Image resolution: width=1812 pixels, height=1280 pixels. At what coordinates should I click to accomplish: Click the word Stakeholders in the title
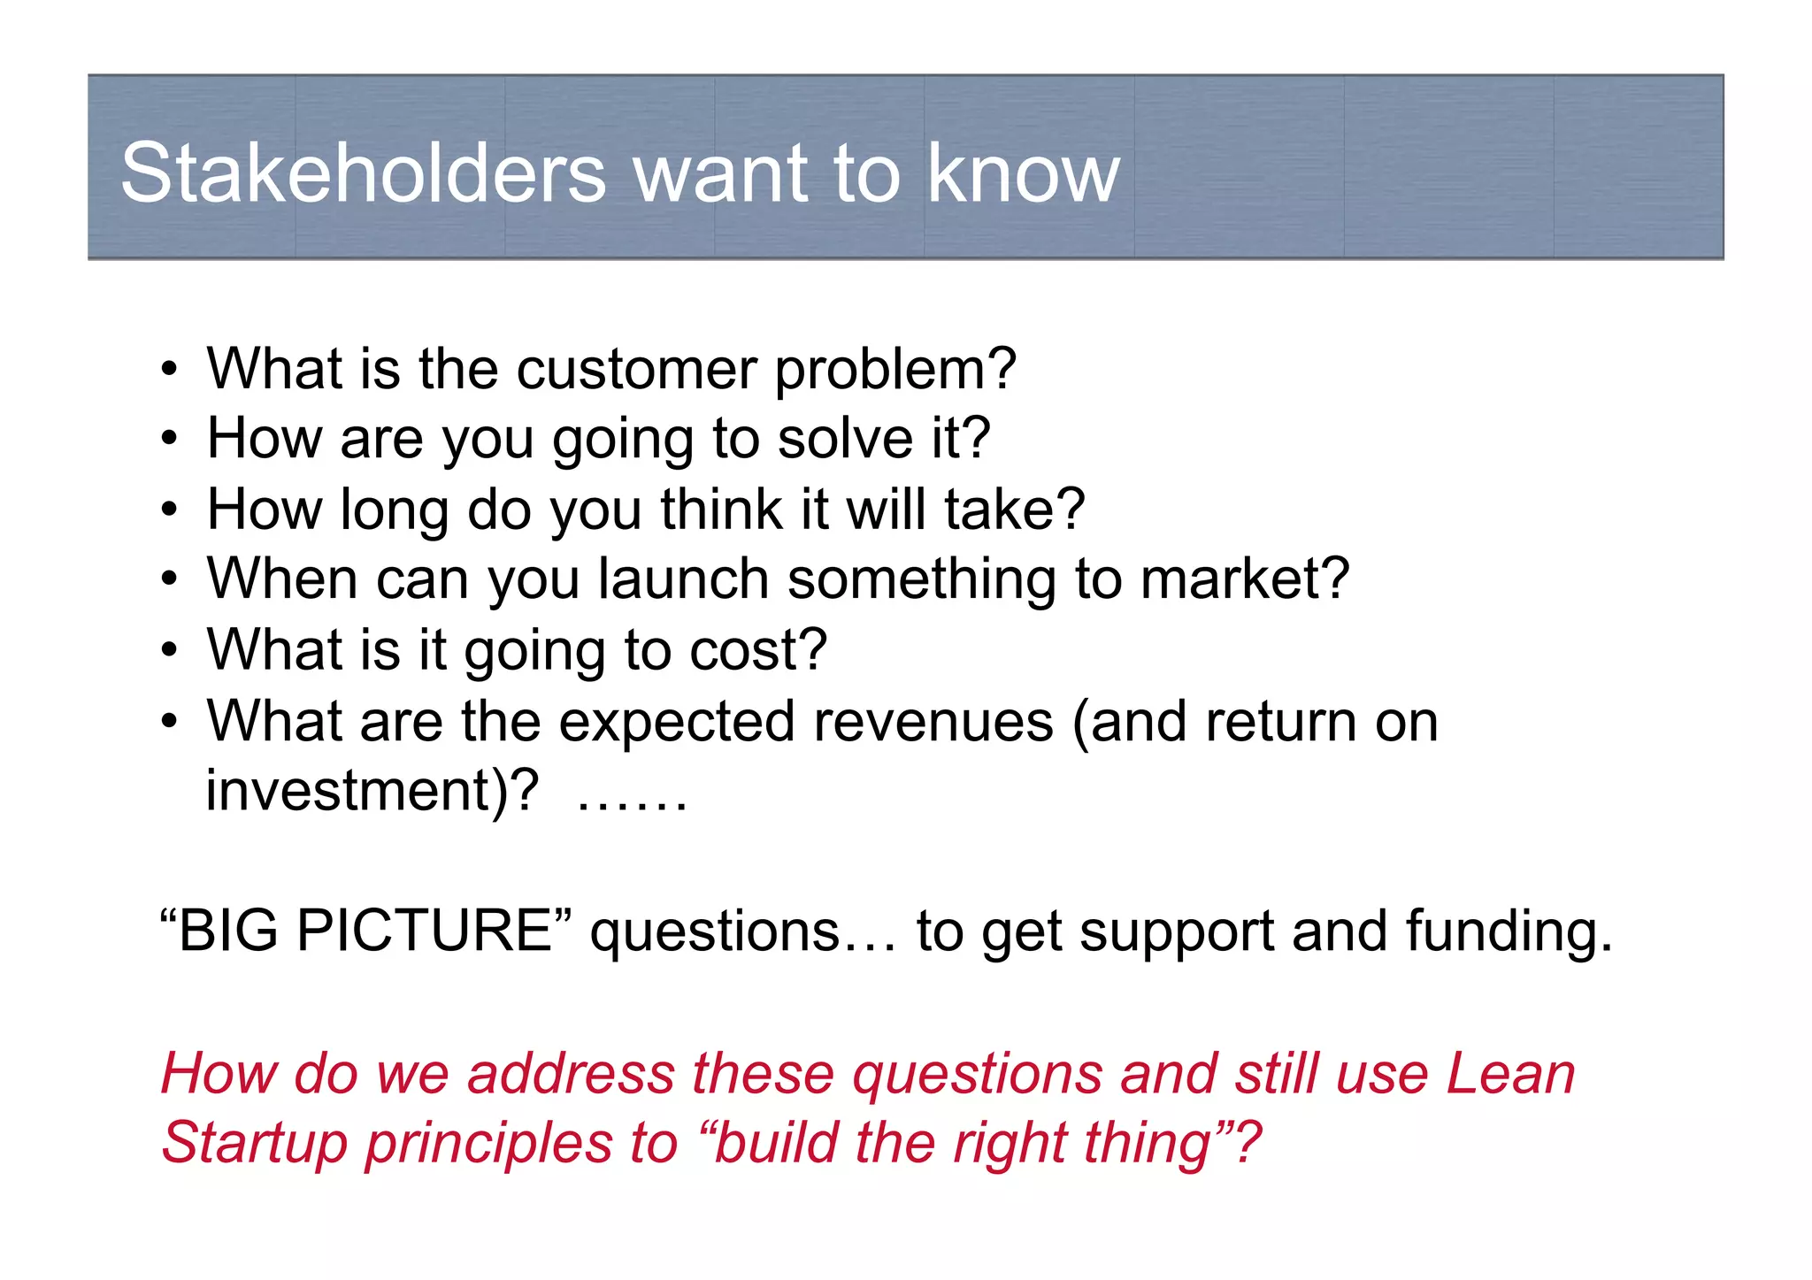click(x=363, y=173)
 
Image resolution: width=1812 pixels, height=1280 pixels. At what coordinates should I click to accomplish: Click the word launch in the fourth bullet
click(x=683, y=579)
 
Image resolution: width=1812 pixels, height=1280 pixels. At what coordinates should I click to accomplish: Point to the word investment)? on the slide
click(x=372, y=791)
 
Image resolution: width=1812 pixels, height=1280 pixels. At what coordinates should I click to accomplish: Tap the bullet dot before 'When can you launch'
click(x=170, y=581)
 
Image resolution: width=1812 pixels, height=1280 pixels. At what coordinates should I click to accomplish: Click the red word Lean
click(x=1510, y=1074)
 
